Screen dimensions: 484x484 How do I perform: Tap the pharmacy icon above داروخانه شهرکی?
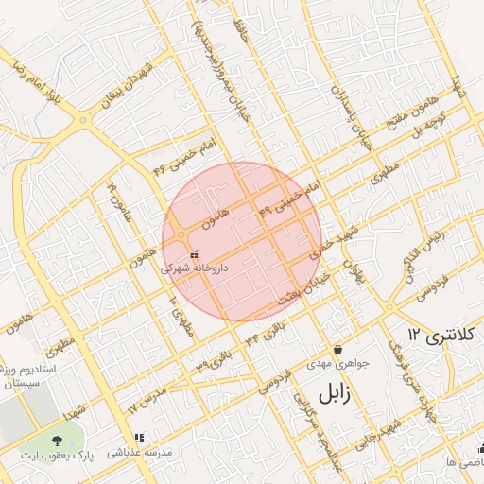(x=195, y=253)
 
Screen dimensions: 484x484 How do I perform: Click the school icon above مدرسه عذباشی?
(x=140, y=438)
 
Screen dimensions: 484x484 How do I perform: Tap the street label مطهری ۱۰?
(x=181, y=313)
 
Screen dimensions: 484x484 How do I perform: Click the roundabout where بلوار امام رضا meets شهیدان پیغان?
(x=85, y=120)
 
